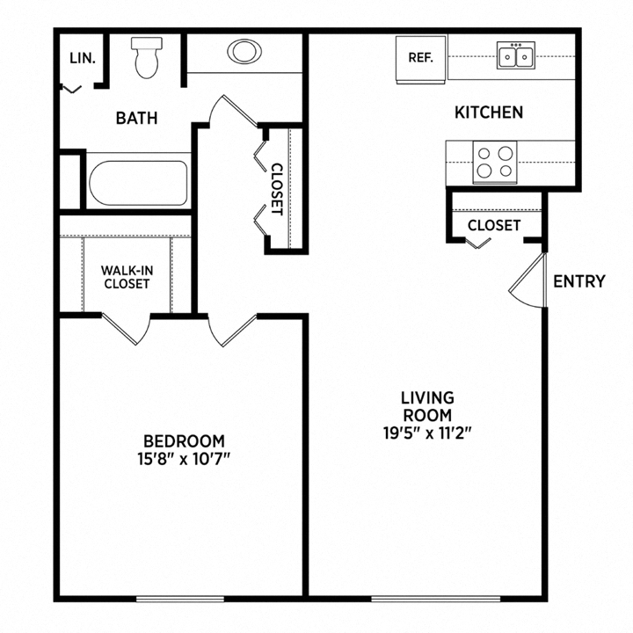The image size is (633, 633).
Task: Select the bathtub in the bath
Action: click(x=138, y=182)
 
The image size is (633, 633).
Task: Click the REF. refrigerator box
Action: click(x=421, y=58)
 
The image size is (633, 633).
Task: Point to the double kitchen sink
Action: click(x=516, y=56)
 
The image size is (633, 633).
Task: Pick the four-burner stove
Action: click(x=493, y=162)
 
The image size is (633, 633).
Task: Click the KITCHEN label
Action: click(x=489, y=113)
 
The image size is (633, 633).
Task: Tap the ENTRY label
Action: click(x=578, y=281)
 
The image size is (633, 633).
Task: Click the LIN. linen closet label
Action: click(x=83, y=59)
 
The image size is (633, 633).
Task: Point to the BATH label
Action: click(x=136, y=118)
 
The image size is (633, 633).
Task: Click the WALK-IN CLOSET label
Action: click(x=127, y=277)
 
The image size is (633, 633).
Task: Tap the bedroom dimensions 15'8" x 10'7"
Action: click(x=185, y=458)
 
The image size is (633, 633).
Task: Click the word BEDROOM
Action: click(x=185, y=440)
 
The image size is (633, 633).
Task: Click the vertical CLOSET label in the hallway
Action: click(x=276, y=190)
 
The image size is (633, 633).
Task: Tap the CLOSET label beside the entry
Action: click(x=493, y=225)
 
